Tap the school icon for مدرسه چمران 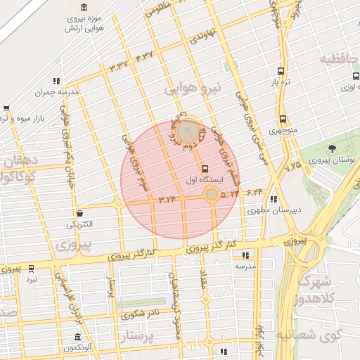(56, 81)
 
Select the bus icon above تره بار (281, 71)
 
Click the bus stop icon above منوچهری (283, 119)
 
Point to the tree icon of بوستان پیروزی (333, 148)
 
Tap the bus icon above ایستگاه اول (205, 169)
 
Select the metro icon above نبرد (31, 268)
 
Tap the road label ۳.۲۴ (167, 200)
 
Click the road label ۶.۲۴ (255, 191)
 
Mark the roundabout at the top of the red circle (187, 131)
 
